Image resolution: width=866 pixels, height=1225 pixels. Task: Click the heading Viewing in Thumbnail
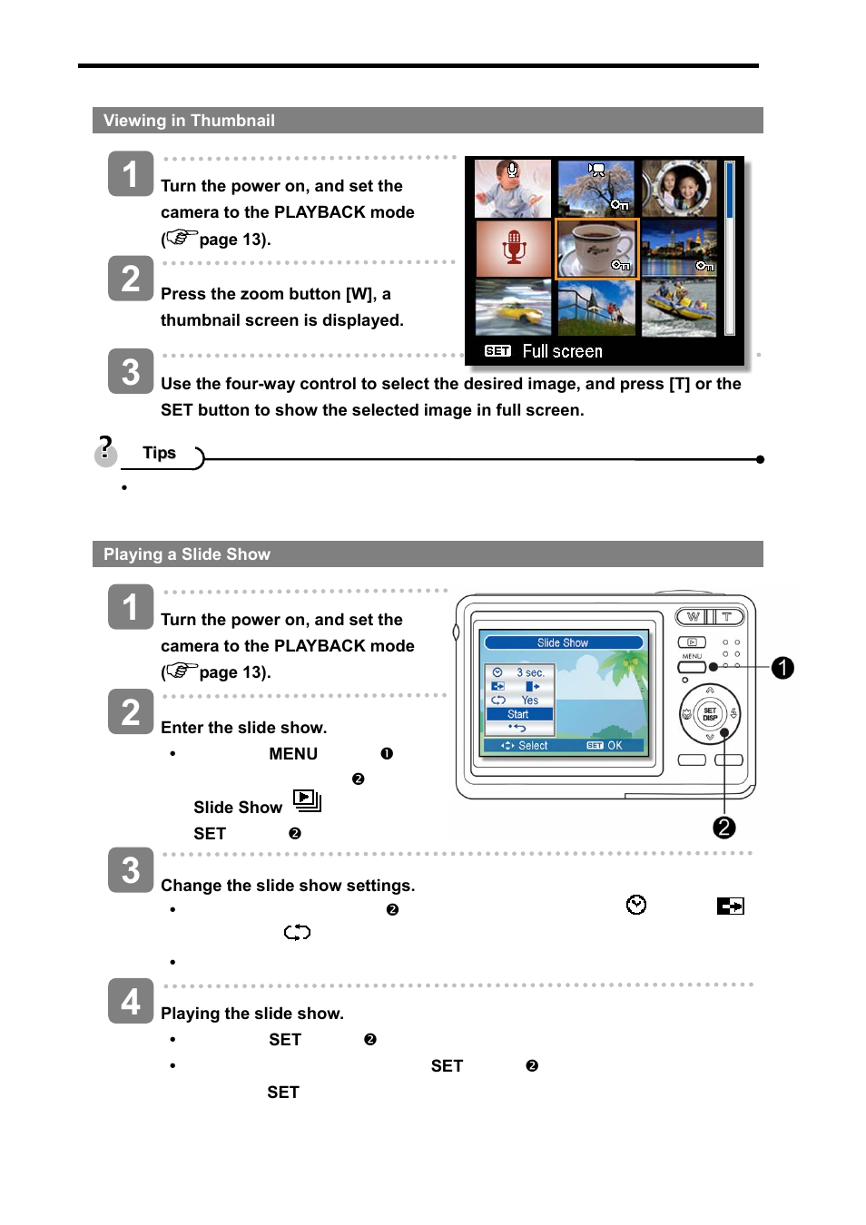[189, 121]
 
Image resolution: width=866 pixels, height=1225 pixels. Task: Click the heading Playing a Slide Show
[187, 554]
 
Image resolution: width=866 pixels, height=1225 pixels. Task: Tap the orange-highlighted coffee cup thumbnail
[596, 248]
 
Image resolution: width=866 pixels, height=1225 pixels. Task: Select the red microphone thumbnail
[514, 248]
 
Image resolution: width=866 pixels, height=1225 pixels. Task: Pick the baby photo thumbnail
[514, 188]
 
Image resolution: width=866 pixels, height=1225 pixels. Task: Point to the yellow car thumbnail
[514, 308]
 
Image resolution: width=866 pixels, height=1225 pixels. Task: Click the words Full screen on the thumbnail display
[562, 351]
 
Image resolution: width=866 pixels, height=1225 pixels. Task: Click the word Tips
[159, 453]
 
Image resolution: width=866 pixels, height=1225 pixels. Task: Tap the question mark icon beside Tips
[106, 451]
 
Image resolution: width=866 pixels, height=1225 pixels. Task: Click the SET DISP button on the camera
[710, 714]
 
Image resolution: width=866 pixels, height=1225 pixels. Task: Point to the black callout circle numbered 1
[782, 668]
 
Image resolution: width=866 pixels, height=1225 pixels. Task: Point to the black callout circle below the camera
[724, 828]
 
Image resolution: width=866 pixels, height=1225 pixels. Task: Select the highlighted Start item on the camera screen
[518, 714]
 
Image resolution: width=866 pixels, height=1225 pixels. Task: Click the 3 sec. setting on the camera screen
[530, 672]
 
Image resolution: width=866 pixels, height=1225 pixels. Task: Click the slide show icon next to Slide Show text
[307, 800]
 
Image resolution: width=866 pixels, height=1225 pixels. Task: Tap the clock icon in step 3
[636, 905]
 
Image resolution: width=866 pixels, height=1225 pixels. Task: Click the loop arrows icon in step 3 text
[297, 932]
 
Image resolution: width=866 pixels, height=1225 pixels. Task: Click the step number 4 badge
[131, 1001]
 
